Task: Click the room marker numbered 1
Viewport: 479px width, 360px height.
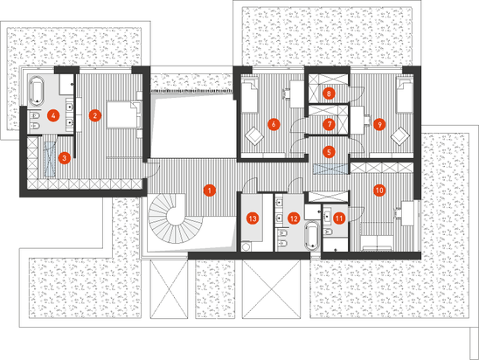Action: (210, 190)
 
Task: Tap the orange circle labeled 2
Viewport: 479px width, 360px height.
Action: (95, 115)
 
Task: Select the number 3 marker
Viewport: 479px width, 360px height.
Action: (64, 158)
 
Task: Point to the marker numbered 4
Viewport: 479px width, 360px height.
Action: (53, 115)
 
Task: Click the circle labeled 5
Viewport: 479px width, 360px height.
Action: (329, 152)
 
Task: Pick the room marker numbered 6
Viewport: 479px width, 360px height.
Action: (274, 124)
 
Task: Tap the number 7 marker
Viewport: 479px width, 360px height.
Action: (329, 124)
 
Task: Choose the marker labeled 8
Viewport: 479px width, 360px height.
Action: (329, 93)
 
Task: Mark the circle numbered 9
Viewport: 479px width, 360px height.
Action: (379, 124)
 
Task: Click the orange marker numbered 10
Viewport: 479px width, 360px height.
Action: (379, 190)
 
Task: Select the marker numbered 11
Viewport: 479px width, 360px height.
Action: (339, 218)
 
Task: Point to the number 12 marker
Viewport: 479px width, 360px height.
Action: (294, 218)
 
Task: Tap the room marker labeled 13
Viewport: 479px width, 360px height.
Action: (253, 218)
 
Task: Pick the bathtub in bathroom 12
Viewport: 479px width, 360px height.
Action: (312, 236)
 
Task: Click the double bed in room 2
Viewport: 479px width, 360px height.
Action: (123, 115)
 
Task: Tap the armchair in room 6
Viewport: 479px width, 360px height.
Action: (255, 136)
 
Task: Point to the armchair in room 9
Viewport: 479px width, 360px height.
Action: (401, 136)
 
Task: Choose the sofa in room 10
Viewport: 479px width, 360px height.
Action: (377, 243)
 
